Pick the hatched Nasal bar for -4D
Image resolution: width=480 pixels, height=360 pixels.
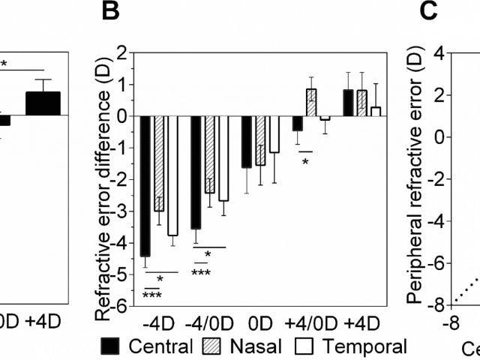[158, 163]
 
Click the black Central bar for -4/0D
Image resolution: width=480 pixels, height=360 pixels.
[196, 172]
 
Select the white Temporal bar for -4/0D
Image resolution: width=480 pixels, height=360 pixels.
[223, 158]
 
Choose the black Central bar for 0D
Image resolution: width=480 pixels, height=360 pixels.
[247, 142]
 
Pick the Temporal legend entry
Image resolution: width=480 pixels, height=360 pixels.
[357, 346]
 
